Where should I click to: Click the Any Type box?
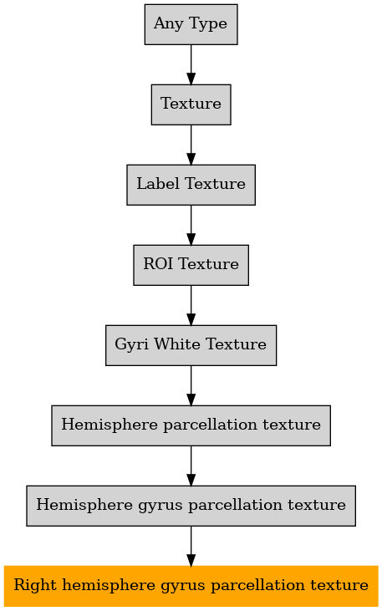point(191,24)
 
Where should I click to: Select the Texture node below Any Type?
point(191,104)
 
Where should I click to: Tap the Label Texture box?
point(191,185)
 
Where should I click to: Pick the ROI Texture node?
point(191,265)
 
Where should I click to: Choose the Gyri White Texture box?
point(191,345)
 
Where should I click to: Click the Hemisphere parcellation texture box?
point(191,425)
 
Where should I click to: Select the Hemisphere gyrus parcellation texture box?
point(191,506)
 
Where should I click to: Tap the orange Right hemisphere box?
point(191,586)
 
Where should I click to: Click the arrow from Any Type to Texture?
point(191,64)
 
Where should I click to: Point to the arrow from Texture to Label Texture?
point(191,145)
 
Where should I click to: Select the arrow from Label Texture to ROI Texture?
point(191,225)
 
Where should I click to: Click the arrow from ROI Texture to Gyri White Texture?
point(191,306)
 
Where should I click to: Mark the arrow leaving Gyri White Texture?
point(191,386)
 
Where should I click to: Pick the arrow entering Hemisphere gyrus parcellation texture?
point(191,466)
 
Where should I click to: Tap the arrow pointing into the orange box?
point(191,547)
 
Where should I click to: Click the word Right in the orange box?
point(35,586)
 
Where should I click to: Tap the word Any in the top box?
point(169,24)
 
